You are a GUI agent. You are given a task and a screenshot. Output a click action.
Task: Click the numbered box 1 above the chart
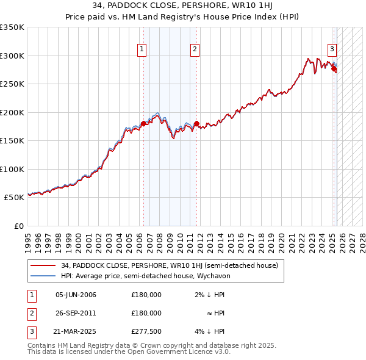[142, 49]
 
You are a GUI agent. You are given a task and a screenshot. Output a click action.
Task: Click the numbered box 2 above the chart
[195, 49]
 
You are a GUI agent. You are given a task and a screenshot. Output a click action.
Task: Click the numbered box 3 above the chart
[332, 49]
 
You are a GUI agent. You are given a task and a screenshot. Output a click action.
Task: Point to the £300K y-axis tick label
[12, 56]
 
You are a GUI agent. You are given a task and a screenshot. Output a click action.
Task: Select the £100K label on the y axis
[12, 169]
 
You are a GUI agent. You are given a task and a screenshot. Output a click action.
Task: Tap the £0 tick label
[18, 226]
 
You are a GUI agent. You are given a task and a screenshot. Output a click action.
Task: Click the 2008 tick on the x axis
[160, 239]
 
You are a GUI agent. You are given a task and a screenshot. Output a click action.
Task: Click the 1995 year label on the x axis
[28, 239]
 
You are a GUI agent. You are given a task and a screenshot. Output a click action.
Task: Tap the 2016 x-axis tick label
[241, 239]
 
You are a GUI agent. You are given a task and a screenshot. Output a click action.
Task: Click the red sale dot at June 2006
[143, 124]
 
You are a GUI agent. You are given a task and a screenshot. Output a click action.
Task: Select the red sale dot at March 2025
[334, 69]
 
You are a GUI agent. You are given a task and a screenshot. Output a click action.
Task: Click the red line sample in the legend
[43, 265]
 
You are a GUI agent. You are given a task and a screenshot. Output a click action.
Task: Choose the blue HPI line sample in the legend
[43, 276]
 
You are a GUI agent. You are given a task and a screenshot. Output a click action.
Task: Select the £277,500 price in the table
[146, 331]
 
